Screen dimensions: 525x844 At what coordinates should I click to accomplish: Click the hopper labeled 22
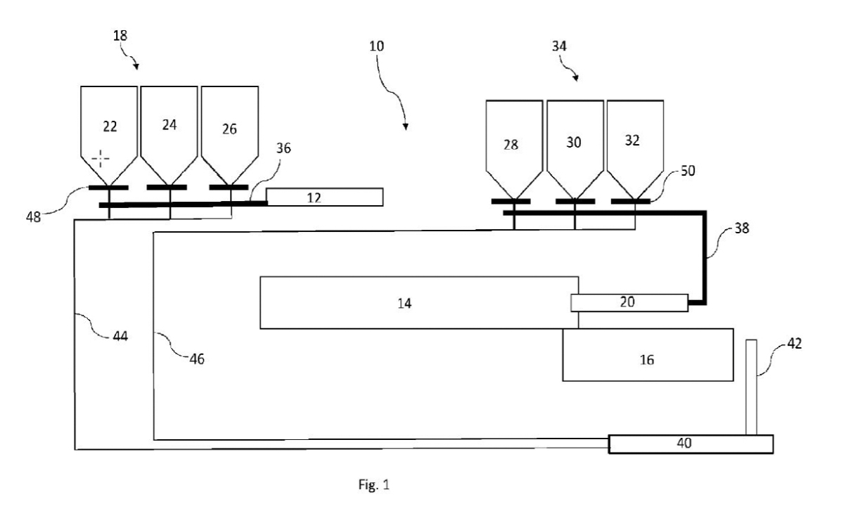(109, 130)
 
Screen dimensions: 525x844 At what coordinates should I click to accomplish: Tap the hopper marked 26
(229, 130)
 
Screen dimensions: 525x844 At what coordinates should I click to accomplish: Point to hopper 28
(514, 144)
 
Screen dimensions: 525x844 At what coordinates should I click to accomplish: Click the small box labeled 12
(324, 197)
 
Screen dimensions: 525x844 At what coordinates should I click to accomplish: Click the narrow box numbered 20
(629, 302)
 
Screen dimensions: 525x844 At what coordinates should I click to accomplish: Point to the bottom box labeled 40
(691, 444)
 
